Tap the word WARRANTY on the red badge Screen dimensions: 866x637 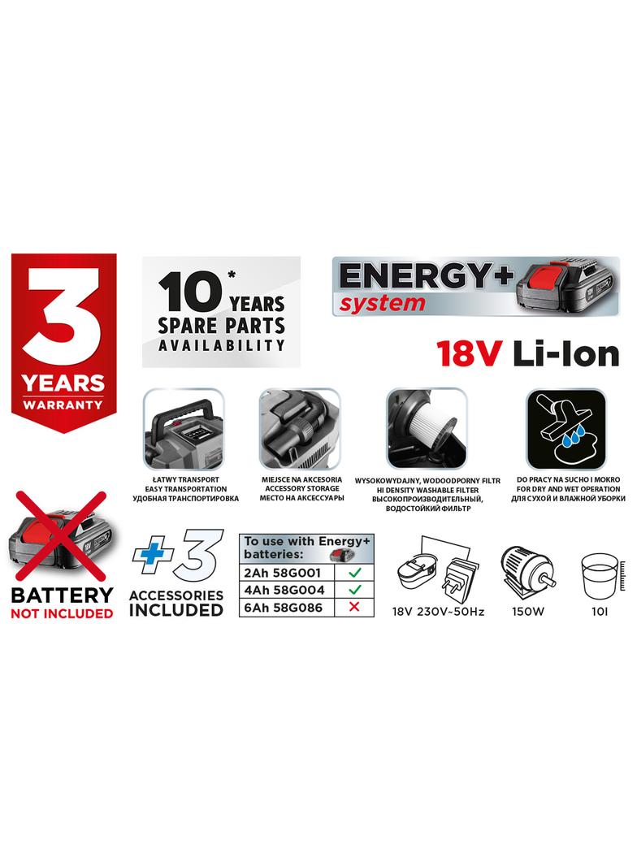pos(63,403)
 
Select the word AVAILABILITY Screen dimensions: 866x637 pos(222,344)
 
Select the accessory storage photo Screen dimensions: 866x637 pos(298,428)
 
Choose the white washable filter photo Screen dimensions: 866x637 pos(427,428)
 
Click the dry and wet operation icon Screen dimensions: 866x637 pos(565,428)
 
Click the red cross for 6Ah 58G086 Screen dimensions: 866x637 pos(353,606)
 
